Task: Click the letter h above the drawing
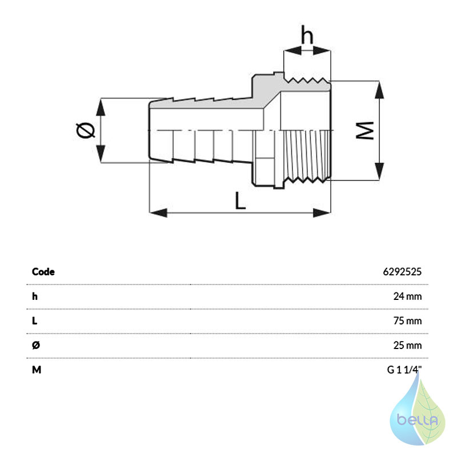tap(307, 34)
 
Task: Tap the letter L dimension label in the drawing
tap(240, 201)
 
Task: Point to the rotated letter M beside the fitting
tap(365, 130)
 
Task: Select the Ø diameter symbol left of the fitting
tap(85, 130)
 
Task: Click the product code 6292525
tap(402, 272)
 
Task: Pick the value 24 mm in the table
tap(407, 296)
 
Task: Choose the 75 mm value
tap(407, 321)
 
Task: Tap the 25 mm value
tap(407, 346)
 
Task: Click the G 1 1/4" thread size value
tap(404, 370)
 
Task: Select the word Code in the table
tap(43, 272)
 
